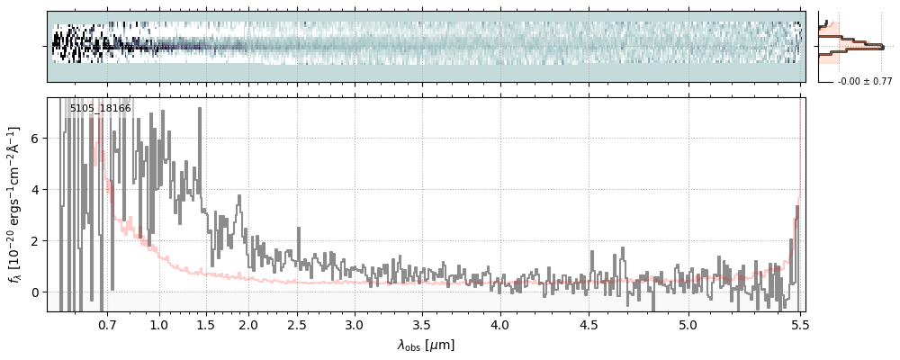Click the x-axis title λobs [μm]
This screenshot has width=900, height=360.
click(426, 345)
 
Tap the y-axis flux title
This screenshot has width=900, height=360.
click(15, 204)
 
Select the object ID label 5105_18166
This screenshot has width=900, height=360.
click(100, 109)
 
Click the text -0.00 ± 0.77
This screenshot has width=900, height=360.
click(864, 82)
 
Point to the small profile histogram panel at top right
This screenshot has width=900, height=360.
click(850, 46)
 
